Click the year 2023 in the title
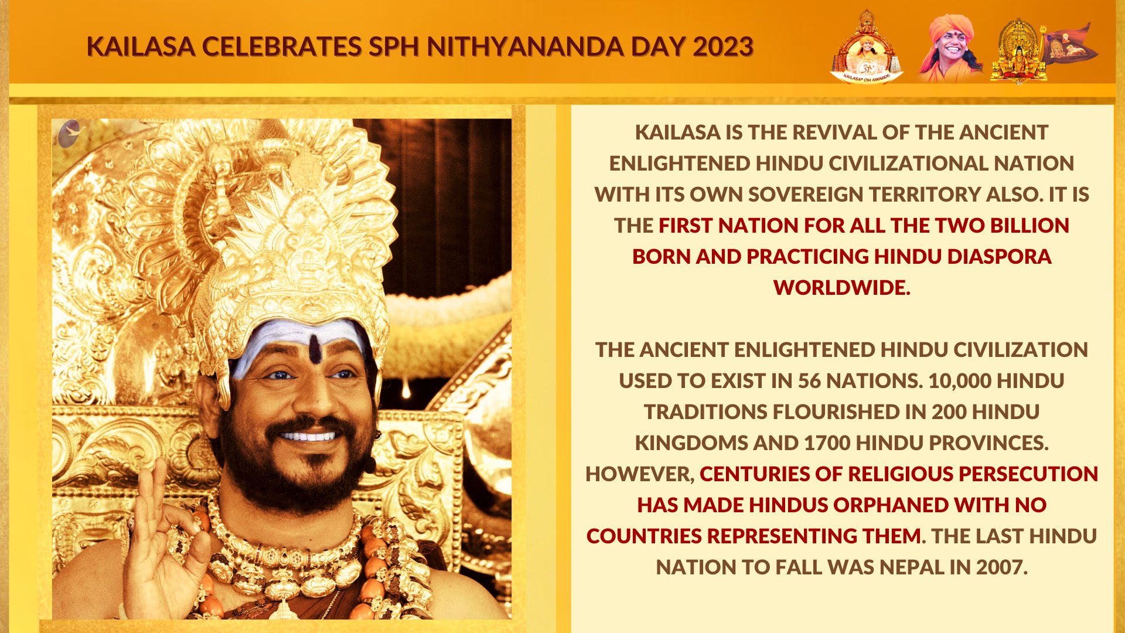click(x=723, y=47)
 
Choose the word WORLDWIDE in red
click(x=841, y=288)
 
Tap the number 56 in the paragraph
click(x=809, y=381)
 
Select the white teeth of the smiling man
click(x=309, y=436)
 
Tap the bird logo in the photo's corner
click(x=70, y=134)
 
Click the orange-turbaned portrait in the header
click(x=949, y=47)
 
